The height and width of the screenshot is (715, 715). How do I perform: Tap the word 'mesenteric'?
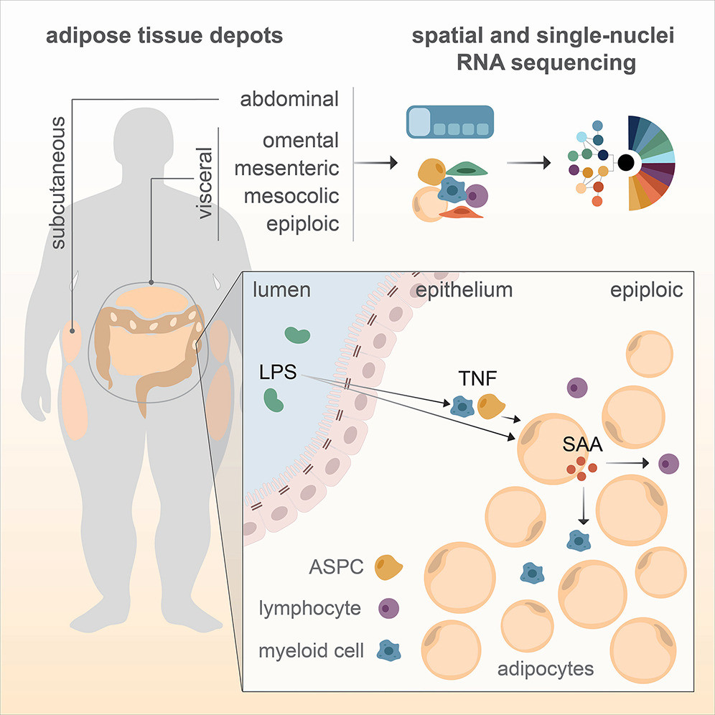[289, 168]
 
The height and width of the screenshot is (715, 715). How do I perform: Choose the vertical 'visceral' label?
[205, 183]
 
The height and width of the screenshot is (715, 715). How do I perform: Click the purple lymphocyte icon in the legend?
[387, 609]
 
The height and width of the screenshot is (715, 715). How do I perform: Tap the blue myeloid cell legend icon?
[388, 650]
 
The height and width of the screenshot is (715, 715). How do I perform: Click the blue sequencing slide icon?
[449, 122]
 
